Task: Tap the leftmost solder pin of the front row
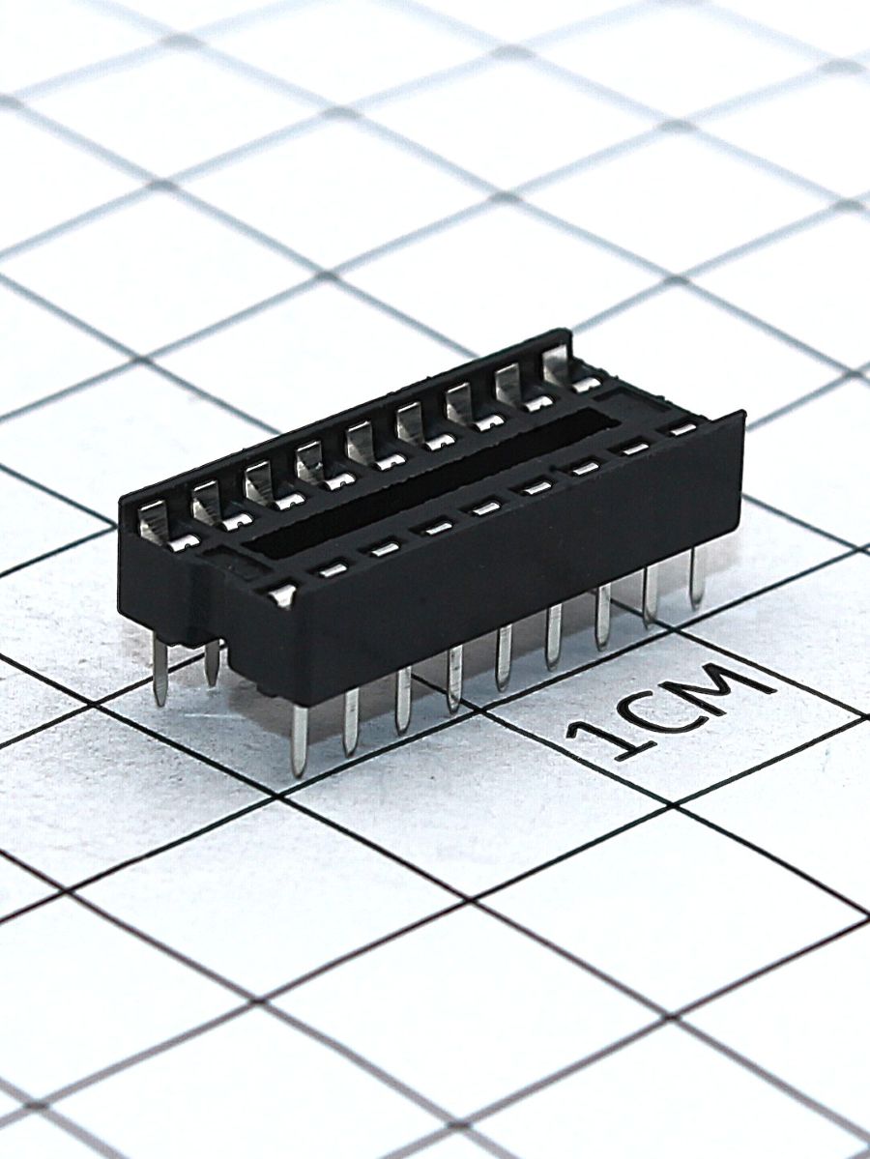(301, 739)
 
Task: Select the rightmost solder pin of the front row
(695, 577)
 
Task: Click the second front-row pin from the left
(351, 720)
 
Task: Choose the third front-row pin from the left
(403, 699)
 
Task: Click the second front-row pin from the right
(651, 594)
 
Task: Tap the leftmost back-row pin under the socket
(160, 672)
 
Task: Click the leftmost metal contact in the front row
(282, 593)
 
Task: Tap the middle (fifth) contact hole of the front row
(484, 507)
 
